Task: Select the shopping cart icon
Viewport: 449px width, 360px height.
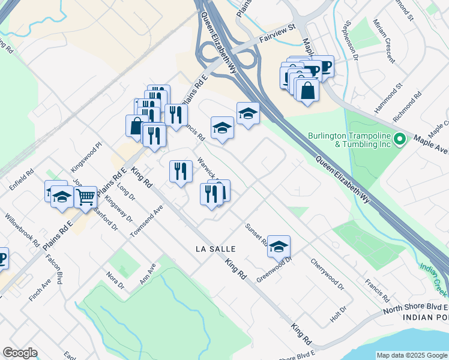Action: click(86, 196)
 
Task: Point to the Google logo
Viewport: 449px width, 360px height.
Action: click(20, 353)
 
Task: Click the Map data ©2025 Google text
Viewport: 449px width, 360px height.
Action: click(412, 355)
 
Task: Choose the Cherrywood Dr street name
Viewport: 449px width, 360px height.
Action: click(327, 275)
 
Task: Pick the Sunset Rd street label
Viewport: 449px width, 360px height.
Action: click(256, 235)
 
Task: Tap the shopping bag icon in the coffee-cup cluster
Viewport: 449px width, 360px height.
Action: click(307, 91)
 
